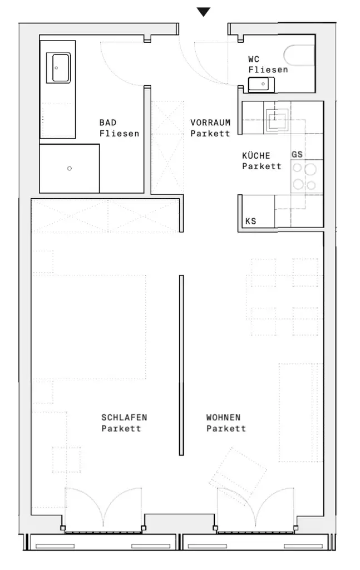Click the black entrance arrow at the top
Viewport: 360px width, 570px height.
click(x=204, y=12)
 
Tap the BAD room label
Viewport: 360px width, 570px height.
click(x=108, y=122)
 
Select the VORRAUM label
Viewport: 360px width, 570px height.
click(x=210, y=122)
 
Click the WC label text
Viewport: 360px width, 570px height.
click(x=254, y=59)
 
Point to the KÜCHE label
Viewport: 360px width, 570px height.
click(x=256, y=155)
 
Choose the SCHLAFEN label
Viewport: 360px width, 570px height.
click(x=124, y=417)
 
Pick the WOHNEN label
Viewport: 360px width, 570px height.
click(x=224, y=417)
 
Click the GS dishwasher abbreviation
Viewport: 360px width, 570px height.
click(x=297, y=154)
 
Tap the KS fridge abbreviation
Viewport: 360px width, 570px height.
click(x=250, y=221)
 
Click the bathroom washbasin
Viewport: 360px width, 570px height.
click(x=58, y=67)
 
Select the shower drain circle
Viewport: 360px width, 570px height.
click(x=70, y=168)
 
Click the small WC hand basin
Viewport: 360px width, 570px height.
click(x=261, y=85)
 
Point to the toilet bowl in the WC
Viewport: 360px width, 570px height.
click(x=299, y=55)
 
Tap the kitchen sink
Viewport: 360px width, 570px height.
click(x=277, y=119)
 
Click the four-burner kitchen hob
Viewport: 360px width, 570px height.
click(x=304, y=176)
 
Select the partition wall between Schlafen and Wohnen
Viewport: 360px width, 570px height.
click(x=181, y=365)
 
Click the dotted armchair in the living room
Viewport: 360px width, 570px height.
click(x=238, y=472)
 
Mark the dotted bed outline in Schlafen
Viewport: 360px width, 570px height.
click(x=90, y=327)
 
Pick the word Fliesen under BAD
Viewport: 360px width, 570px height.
click(x=120, y=134)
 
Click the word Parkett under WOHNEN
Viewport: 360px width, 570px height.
click(x=226, y=428)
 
